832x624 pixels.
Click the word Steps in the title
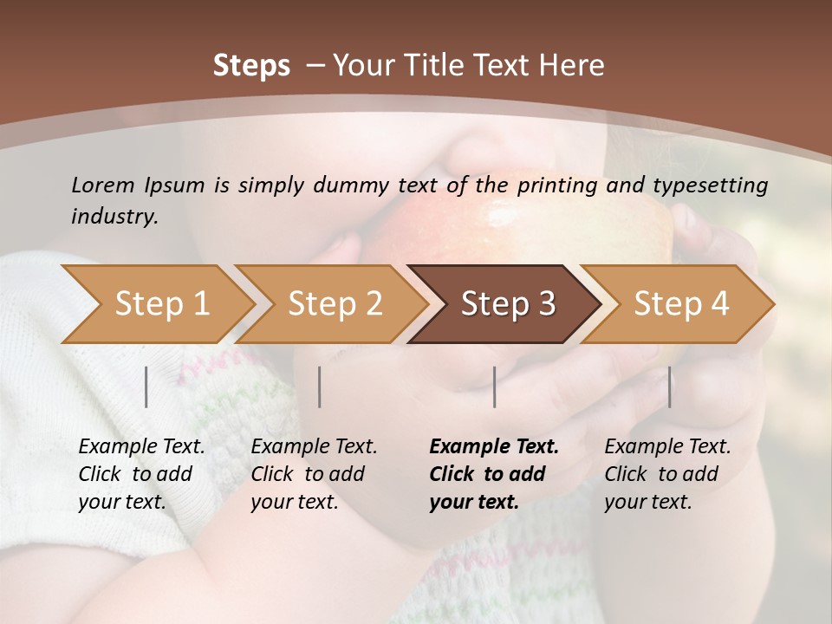click(251, 66)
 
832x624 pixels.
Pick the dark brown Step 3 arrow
click(508, 304)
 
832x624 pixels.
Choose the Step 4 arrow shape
click(681, 304)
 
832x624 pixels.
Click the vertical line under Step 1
click(146, 387)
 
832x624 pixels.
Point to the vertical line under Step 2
click(320, 387)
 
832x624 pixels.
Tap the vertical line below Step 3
click(495, 387)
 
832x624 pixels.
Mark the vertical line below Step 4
click(669, 387)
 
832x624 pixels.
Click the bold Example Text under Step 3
click(494, 447)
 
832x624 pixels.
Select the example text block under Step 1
click(141, 474)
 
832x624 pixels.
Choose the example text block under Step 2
click(314, 474)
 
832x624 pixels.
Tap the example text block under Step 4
click(667, 474)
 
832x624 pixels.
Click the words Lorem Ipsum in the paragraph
click(138, 185)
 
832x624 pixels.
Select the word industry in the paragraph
click(114, 217)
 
